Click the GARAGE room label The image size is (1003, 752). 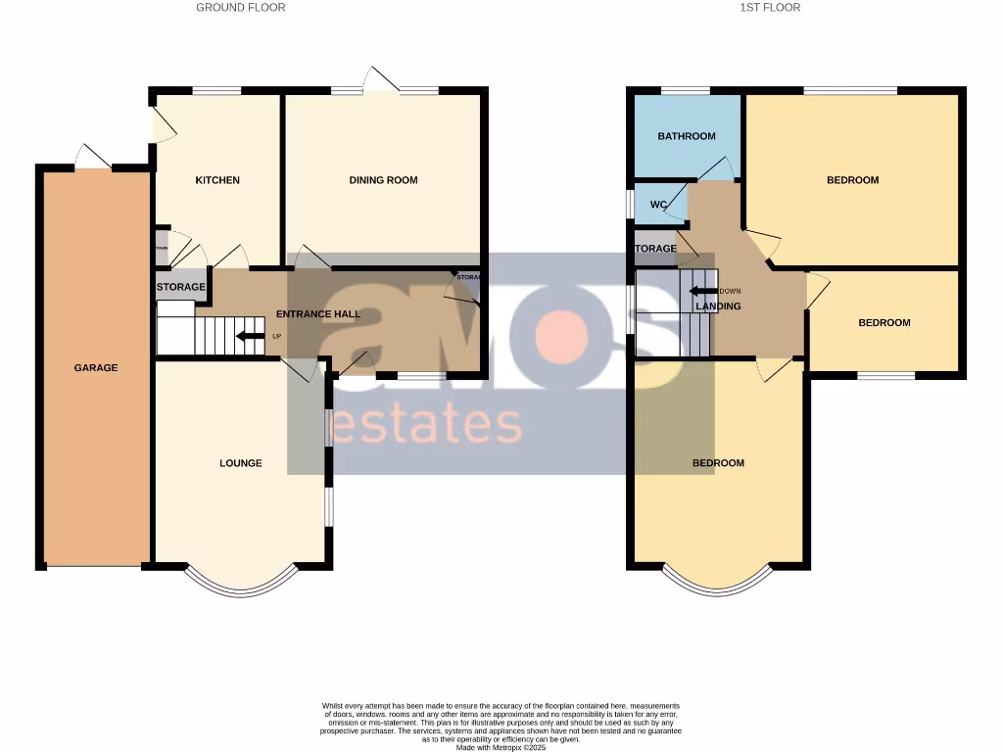[96, 368]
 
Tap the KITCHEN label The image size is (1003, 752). [217, 180]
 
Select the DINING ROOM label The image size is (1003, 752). [384, 180]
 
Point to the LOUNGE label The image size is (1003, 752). [241, 463]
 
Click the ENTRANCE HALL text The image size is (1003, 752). [318, 314]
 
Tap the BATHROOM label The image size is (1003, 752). [687, 136]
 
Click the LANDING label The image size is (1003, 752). [718, 306]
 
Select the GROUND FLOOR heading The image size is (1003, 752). [241, 8]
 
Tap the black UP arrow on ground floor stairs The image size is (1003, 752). [250, 338]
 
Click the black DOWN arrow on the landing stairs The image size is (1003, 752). [702, 291]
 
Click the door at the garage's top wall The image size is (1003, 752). [94, 157]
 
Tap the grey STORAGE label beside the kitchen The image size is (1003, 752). [181, 287]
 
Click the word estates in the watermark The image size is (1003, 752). [427, 426]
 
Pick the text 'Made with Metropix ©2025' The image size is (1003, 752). [501, 747]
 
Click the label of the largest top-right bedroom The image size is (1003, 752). [853, 180]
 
